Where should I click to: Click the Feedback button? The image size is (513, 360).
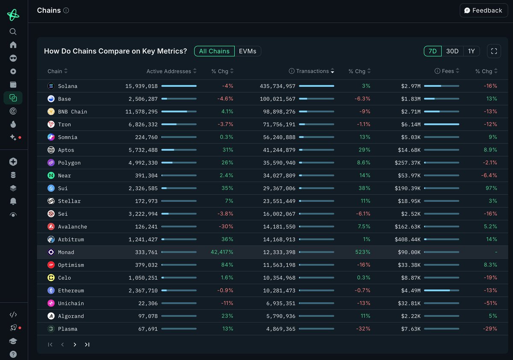click(484, 10)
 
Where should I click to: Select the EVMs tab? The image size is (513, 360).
click(248, 51)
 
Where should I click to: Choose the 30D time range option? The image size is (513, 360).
click(452, 51)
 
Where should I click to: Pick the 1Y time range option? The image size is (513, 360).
click(471, 51)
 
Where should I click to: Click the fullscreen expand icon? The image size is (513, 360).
click(494, 51)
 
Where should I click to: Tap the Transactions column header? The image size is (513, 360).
click(312, 71)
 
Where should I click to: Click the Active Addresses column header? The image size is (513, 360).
click(168, 71)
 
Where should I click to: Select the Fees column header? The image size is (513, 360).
click(448, 71)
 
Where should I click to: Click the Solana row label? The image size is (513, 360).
click(68, 86)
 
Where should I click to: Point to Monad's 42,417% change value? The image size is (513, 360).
click(222, 252)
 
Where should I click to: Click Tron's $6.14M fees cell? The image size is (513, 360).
click(410, 124)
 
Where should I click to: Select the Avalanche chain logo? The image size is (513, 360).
click(51, 227)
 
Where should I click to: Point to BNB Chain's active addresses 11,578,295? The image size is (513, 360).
click(141, 112)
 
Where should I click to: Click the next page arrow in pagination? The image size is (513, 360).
click(75, 345)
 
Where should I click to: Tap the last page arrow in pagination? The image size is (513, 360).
click(87, 345)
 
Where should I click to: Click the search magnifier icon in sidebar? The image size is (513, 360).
click(13, 32)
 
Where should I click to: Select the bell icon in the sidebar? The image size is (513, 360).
click(13, 201)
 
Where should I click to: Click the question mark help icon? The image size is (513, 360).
click(13, 354)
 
